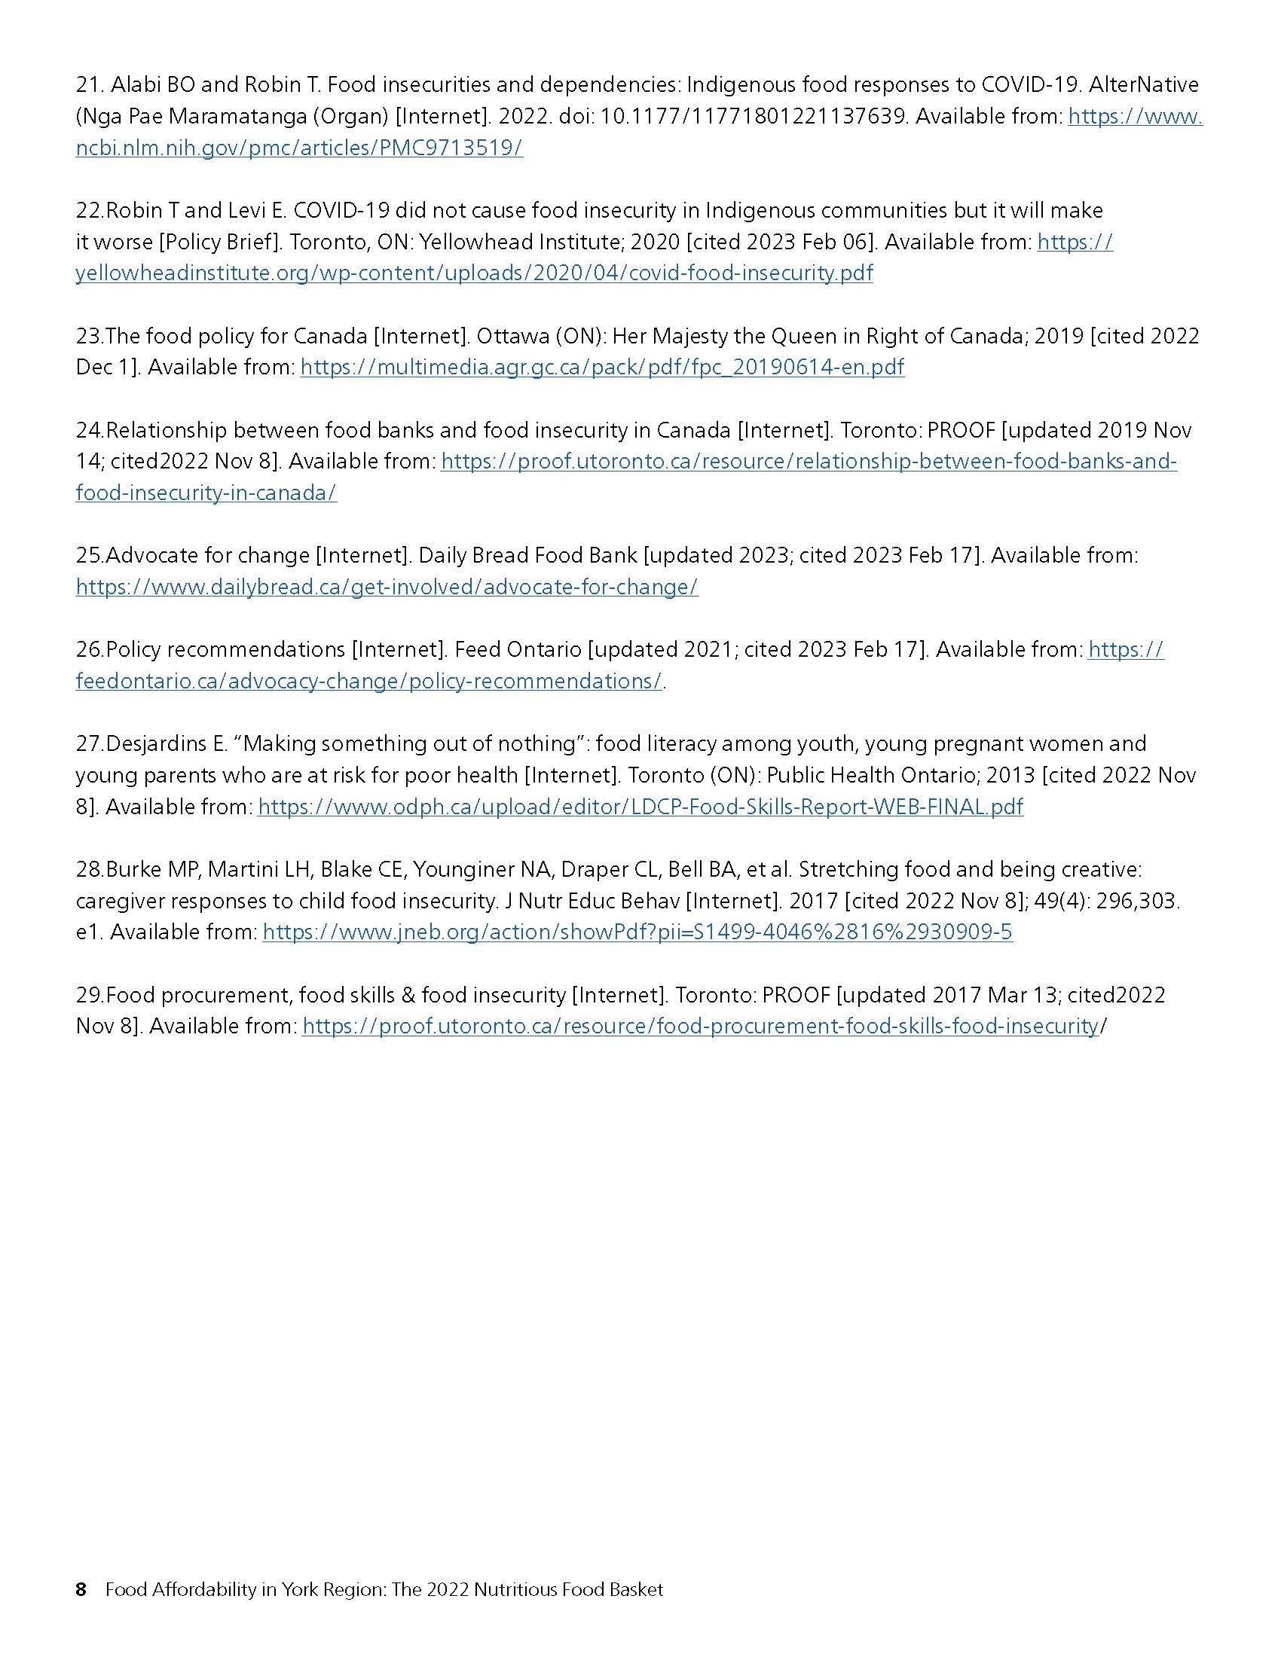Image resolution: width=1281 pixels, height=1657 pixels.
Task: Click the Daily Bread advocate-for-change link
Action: pyautogui.click(x=387, y=587)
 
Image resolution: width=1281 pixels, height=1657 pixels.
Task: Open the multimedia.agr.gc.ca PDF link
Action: pyautogui.click(x=602, y=368)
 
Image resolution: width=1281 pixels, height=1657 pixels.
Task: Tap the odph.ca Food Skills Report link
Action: pyautogui.click(x=640, y=807)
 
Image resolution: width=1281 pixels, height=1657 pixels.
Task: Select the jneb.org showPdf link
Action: pyautogui.click(x=637, y=932)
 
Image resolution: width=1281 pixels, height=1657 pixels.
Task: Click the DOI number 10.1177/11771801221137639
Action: pyautogui.click(x=754, y=116)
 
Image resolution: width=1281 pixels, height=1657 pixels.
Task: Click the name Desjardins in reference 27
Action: pyautogui.click(x=167, y=743)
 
